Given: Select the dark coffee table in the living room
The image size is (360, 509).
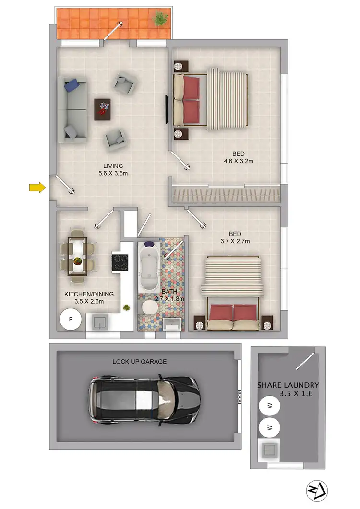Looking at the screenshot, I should click(102, 109).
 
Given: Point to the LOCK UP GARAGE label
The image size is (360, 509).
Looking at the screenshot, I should click(140, 361).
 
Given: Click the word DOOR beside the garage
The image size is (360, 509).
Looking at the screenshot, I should click(240, 396).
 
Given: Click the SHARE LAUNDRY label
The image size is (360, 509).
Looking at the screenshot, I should click(288, 385).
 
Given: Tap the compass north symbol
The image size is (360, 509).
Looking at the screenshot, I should click(317, 490).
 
